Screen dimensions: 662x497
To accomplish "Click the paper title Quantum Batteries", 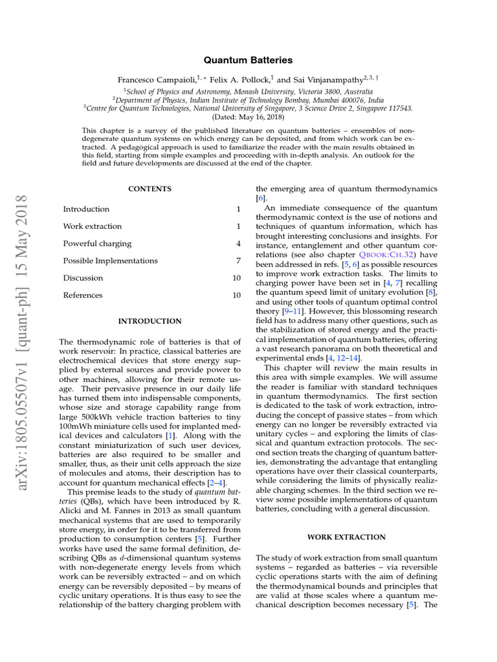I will point(248,60).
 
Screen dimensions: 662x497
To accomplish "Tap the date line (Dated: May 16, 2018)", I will point(248,118).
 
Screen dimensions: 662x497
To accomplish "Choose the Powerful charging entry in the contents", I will point(97,244).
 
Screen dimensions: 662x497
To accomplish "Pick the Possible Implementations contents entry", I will point(110,261).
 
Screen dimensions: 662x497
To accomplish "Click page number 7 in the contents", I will point(238,261).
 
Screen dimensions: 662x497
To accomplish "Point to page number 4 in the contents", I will point(238,244).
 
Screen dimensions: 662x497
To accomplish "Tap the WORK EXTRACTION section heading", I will point(346,537).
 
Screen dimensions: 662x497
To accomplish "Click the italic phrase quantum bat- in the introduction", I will point(224,493).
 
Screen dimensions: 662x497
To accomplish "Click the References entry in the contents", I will point(83,295).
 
